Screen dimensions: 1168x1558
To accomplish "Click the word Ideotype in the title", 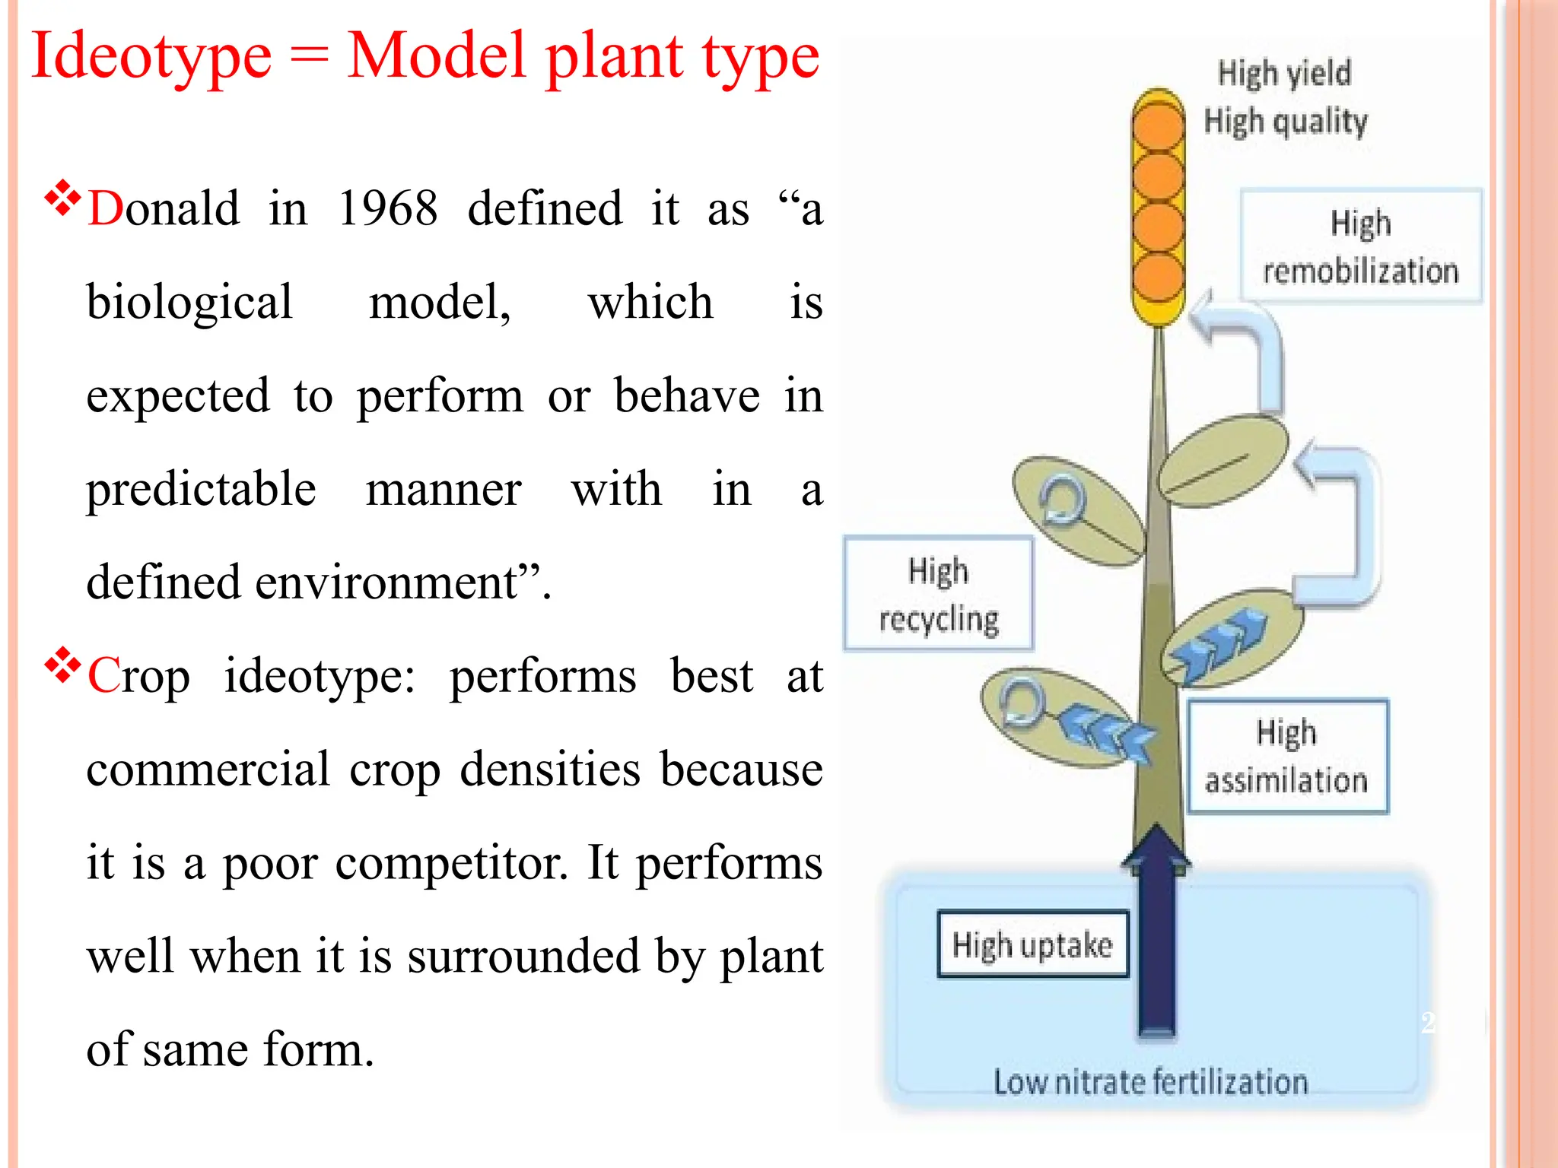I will [x=151, y=56].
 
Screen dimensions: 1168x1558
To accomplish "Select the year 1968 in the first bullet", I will [x=387, y=208].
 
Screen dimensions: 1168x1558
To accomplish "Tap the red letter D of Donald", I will [x=104, y=208].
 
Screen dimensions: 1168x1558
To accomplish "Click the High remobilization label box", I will [x=1360, y=247].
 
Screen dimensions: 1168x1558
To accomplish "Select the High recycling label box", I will [x=938, y=594].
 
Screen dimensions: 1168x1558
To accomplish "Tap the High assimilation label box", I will [x=1287, y=757].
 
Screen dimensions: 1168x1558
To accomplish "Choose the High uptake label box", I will [x=1032, y=944].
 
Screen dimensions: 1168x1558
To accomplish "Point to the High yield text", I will [x=1284, y=73].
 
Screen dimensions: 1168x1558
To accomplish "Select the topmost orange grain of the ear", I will [x=1158, y=125].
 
